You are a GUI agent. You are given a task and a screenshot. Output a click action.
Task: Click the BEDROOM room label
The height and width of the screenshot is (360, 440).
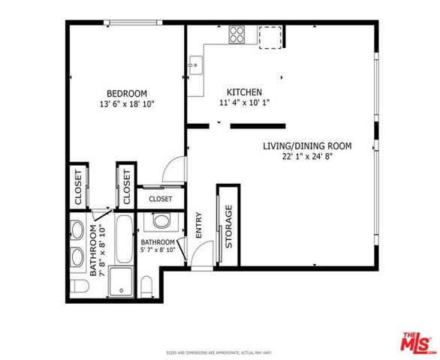click(x=126, y=93)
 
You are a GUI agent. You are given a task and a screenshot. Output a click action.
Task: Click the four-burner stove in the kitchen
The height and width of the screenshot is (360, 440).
click(x=238, y=34)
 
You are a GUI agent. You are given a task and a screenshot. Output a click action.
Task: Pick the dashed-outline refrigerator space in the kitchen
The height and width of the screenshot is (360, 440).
click(x=270, y=34)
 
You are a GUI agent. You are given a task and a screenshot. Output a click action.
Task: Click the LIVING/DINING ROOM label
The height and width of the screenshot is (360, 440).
click(x=307, y=145)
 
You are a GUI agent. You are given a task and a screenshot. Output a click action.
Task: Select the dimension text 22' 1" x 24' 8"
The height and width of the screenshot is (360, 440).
click(x=307, y=157)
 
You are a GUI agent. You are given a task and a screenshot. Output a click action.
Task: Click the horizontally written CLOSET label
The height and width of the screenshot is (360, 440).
click(x=160, y=199)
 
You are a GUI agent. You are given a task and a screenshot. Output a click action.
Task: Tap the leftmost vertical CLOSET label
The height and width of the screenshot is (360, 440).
click(x=78, y=185)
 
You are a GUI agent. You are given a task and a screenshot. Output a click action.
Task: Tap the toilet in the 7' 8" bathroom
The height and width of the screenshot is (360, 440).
click(x=77, y=288)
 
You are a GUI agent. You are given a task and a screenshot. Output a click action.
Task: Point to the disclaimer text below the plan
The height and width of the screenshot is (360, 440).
click(x=219, y=351)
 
